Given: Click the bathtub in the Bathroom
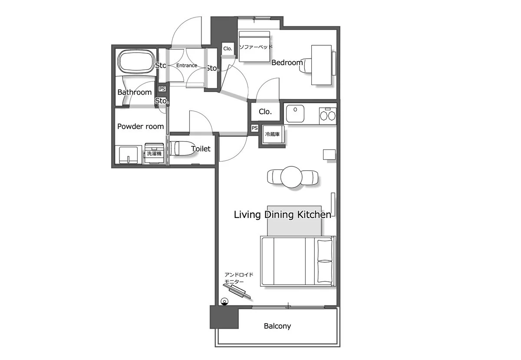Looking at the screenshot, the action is point(136,61).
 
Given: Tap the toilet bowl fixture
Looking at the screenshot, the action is point(180,148).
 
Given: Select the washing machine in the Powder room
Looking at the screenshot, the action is point(154,153).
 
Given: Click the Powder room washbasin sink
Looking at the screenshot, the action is point(129,155).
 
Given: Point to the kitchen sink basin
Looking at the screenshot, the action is point(295,113).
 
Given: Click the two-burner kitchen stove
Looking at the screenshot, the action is point(327,115).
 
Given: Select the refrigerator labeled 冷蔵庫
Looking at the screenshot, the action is point(273,134).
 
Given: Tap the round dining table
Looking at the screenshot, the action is point(291,177).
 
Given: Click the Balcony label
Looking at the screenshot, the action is point(277,326).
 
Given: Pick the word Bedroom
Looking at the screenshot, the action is point(287,63).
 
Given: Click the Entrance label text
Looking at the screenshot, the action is point(187,66).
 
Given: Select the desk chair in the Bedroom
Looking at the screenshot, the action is point(305,66).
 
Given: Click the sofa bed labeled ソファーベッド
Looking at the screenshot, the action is point(254,46).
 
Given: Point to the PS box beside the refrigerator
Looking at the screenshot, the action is point(254,128).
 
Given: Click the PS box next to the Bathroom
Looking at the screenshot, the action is point(162,89).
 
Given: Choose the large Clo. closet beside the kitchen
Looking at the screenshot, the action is point(265,112).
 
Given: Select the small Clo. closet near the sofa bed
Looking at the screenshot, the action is point(228,49).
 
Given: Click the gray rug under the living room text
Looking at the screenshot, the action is point(294,221).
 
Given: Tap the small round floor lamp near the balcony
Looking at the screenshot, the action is point(224,301).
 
